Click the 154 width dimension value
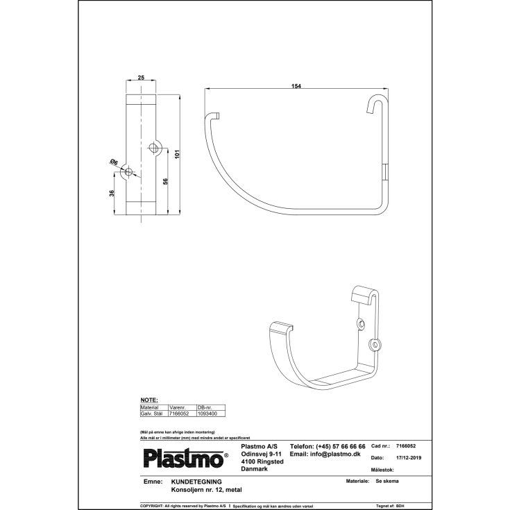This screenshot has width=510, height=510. pos(297,85)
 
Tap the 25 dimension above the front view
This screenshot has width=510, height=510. pos(142,78)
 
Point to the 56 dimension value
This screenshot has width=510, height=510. pos(164,181)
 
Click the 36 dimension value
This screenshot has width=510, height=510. pos(112,194)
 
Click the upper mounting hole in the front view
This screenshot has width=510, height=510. pos(154,147)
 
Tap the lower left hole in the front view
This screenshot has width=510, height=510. pos(128,173)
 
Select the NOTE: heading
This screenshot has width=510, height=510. pos(149,400)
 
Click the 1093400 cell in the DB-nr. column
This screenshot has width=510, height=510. pos(207,413)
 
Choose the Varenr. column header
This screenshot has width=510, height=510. pos(179,407)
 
